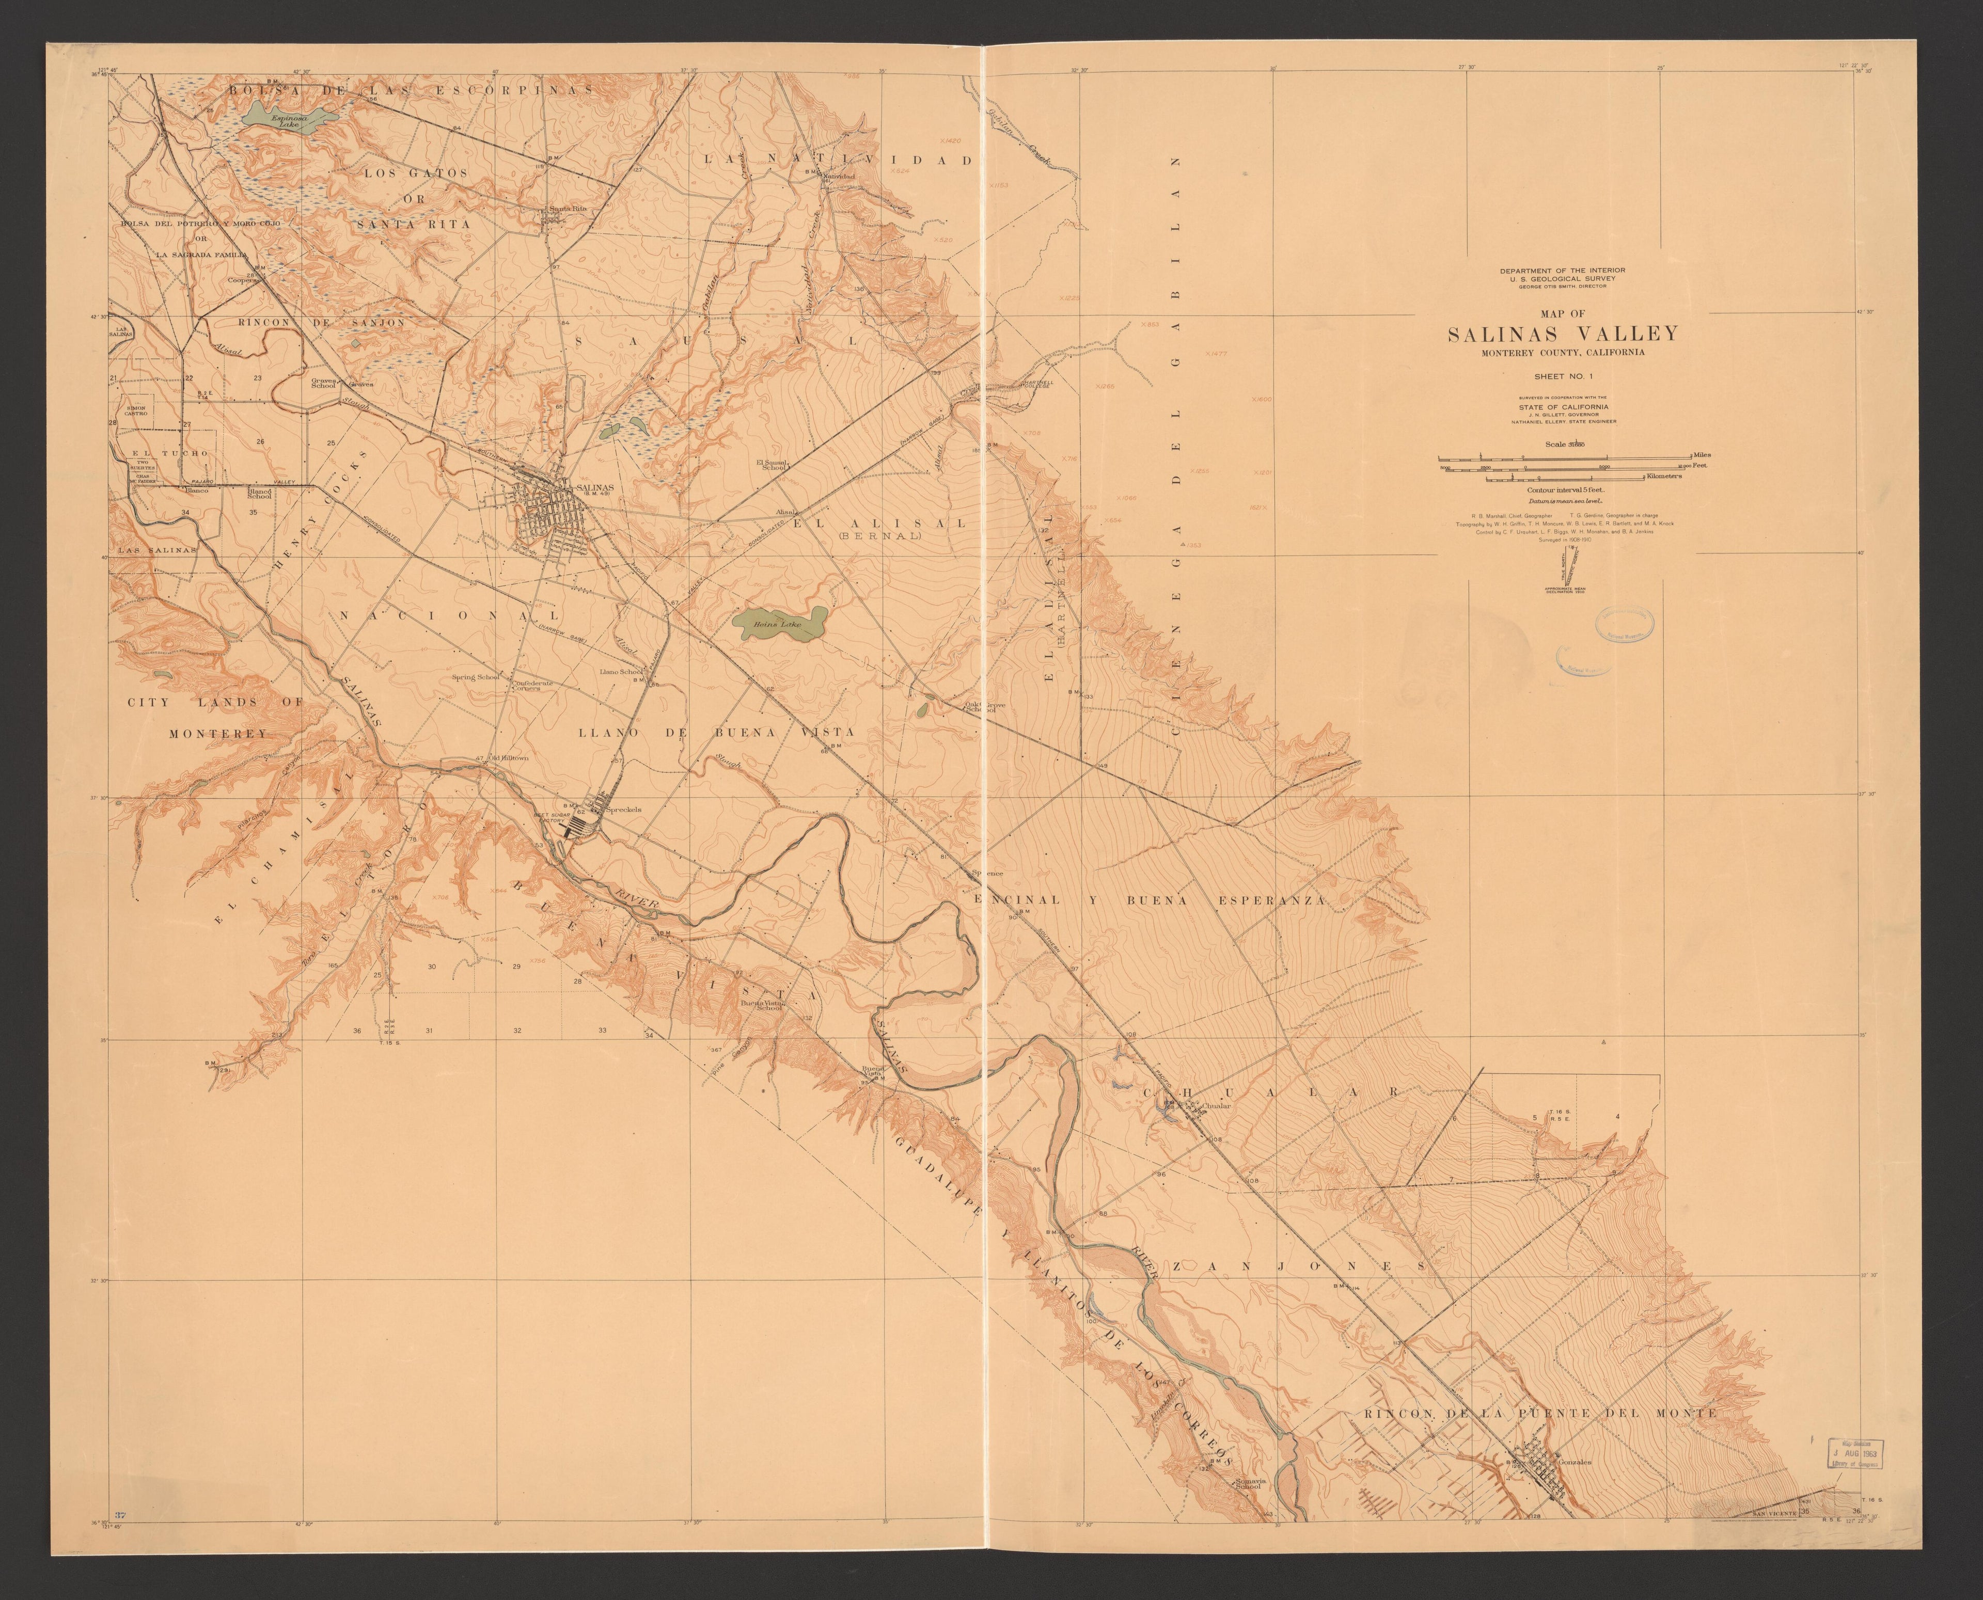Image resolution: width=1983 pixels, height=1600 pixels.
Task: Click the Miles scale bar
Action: [x=1565, y=456]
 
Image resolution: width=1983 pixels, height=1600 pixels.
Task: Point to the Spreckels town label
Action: [x=622, y=809]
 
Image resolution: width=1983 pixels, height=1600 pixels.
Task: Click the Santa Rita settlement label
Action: [x=568, y=208]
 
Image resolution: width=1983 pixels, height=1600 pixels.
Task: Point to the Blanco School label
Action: [x=259, y=494]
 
